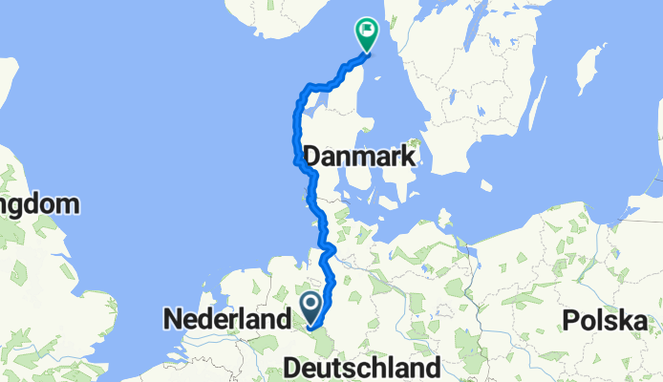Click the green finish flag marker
click(x=366, y=32)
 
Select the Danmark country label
click(x=358, y=157)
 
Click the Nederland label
click(x=227, y=319)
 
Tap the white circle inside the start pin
click(x=312, y=305)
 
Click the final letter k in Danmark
click(x=407, y=157)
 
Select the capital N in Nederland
click(x=174, y=319)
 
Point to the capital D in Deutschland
click(x=293, y=368)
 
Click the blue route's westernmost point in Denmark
click(x=292, y=162)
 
